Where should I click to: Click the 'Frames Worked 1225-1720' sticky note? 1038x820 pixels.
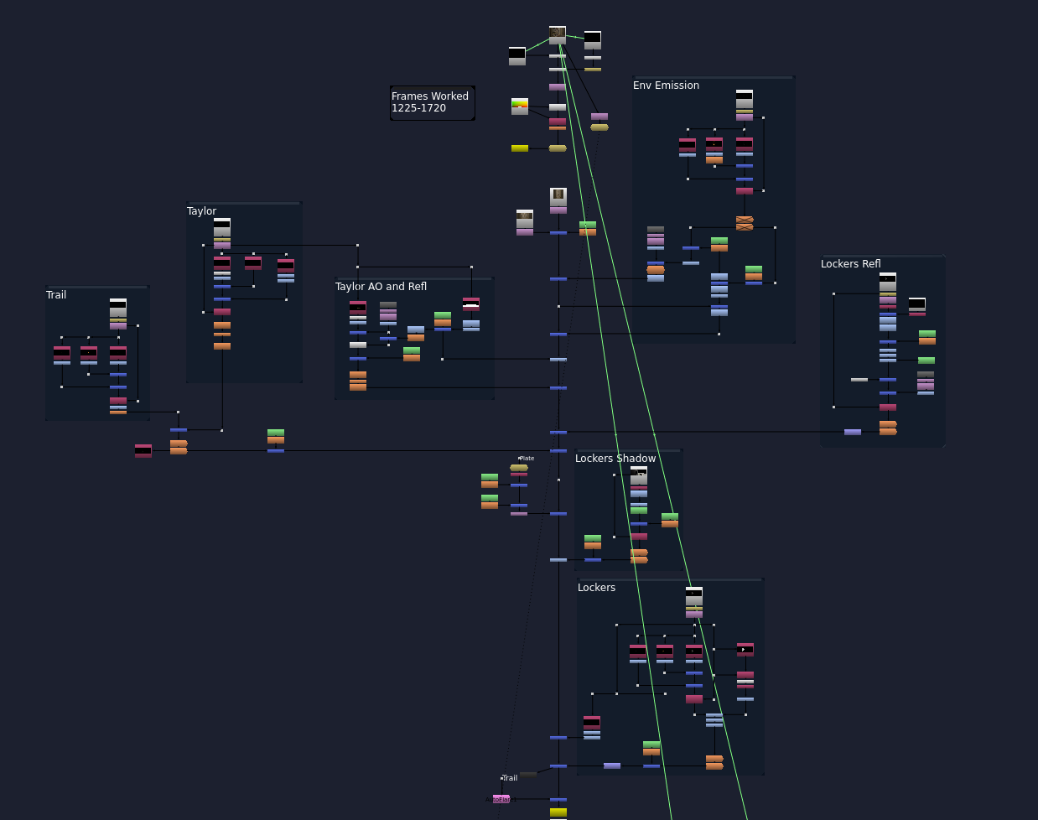(432, 102)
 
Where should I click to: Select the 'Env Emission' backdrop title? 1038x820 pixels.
(666, 86)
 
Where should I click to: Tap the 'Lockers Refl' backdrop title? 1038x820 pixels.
(850, 264)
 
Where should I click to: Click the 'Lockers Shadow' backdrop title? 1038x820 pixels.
(615, 459)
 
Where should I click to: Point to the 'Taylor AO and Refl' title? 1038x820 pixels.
(381, 287)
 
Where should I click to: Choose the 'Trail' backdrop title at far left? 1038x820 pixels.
(56, 295)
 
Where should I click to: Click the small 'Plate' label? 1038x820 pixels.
(527, 459)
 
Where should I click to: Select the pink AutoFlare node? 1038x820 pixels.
(501, 799)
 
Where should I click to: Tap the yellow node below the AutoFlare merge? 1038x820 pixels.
(558, 812)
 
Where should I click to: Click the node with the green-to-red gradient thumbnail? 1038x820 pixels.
(520, 106)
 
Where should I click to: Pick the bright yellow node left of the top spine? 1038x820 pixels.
(520, 148)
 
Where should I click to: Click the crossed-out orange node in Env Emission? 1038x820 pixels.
(745, 223)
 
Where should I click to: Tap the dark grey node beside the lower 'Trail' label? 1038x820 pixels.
(528, 775)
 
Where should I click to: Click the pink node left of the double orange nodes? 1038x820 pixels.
(143, 451)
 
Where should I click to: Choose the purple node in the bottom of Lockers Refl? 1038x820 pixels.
(853, 432)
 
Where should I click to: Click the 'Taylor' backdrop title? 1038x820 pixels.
(202, 211)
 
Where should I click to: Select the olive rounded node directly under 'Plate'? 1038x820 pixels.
(519, 468)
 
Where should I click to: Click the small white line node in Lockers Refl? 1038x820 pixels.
(859, 380)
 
